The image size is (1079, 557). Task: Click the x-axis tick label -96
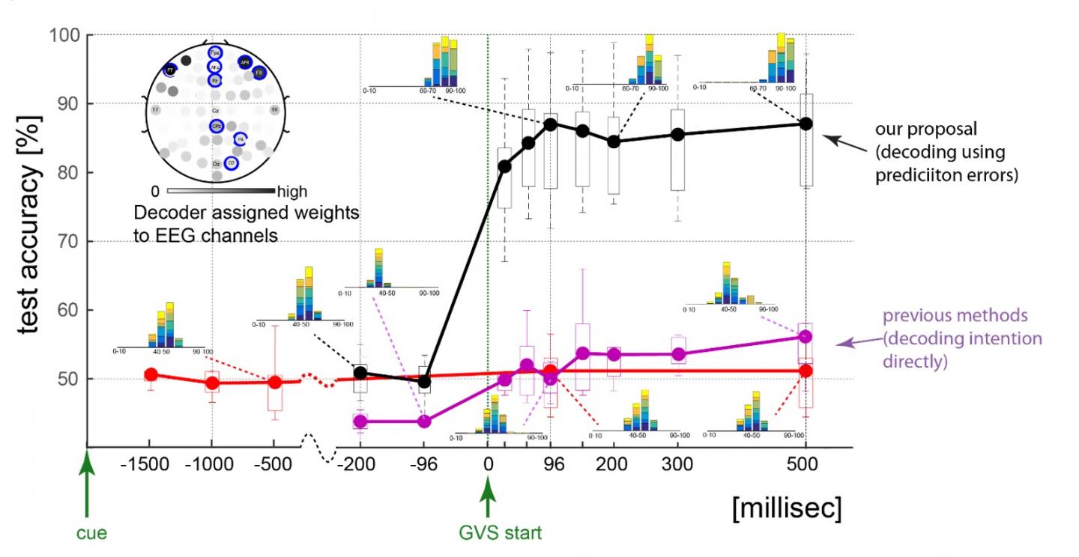pyautogui.click(x=424, y=465)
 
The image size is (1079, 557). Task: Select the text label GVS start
pyautogui.click(x=499, y=534)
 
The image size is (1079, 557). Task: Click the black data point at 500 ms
pyautogui.click(x=806, y=124)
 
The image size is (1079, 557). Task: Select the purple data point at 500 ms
pyautogui.click(x=806, y=336)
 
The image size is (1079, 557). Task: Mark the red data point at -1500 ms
pyautogui.click(x=151, y=374)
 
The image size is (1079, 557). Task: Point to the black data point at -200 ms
pyautogui.click(x=360, y=372)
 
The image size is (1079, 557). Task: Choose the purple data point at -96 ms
pyautogui.click(x=424, y=421)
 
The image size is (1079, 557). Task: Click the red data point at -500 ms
pyautogui.click(x=275, y=382)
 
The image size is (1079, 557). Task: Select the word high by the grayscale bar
pyautogui.click(x=292, y=191)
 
